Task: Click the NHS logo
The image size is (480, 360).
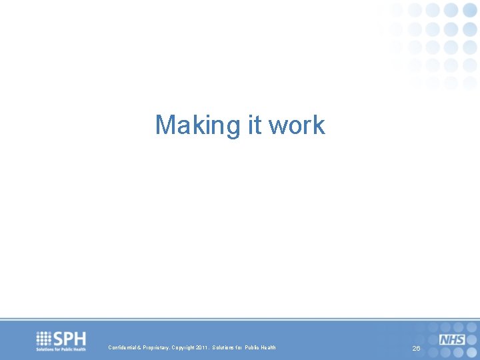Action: (452, 340)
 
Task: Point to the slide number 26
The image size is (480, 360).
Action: (416, 349)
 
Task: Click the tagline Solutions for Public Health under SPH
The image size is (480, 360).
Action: (61, 349)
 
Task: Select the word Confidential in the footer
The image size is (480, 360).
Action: (123, 347)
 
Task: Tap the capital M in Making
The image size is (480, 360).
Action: (164, 125)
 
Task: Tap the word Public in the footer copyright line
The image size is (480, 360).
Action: (251, 347)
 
